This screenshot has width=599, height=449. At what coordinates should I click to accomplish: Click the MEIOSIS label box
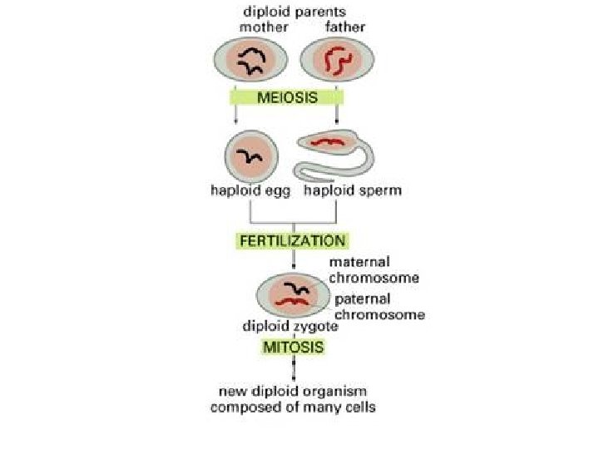pyautogui.click(x=287, y=97)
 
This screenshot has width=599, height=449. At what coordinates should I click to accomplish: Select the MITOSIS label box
pyautogui.click(x=294, y=347)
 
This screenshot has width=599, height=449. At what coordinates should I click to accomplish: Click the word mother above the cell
pyautogui.click(x=264, y=27)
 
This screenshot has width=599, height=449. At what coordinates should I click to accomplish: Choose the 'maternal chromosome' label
pyautogui.click(x=373, y=269)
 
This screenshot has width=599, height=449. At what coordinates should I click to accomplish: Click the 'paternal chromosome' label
pyautogui.click(x=379, y=306)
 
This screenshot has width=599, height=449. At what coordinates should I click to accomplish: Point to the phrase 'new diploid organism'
pyautogui.click(x=292, y=390)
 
